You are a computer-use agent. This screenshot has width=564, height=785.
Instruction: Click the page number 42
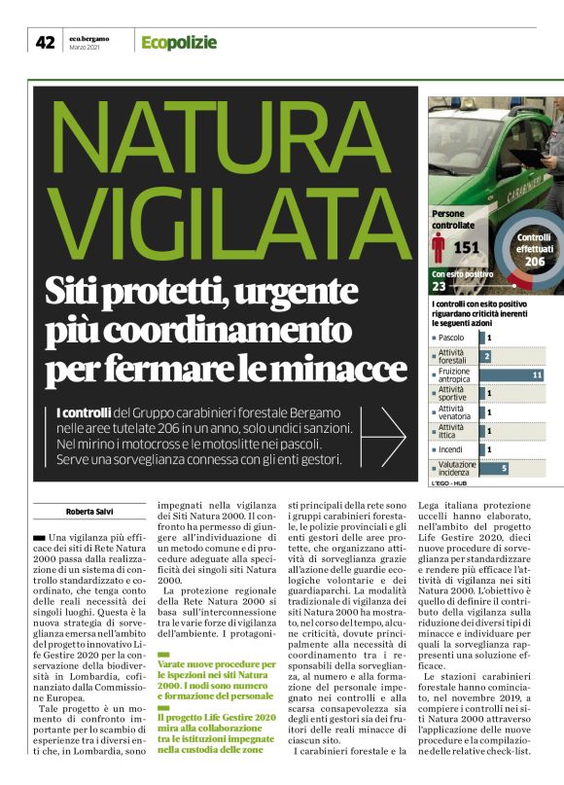45,42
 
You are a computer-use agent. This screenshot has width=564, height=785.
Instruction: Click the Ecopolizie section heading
178,42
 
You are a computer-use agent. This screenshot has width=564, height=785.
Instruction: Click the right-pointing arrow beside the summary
391,437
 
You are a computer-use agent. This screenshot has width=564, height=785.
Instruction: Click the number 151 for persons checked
467,248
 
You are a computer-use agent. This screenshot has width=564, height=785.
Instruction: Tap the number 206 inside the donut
534,261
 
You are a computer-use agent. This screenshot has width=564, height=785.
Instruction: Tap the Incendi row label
452,449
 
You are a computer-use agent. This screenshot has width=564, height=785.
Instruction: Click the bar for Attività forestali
487,356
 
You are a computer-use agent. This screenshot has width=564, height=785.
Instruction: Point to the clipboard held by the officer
531,156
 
